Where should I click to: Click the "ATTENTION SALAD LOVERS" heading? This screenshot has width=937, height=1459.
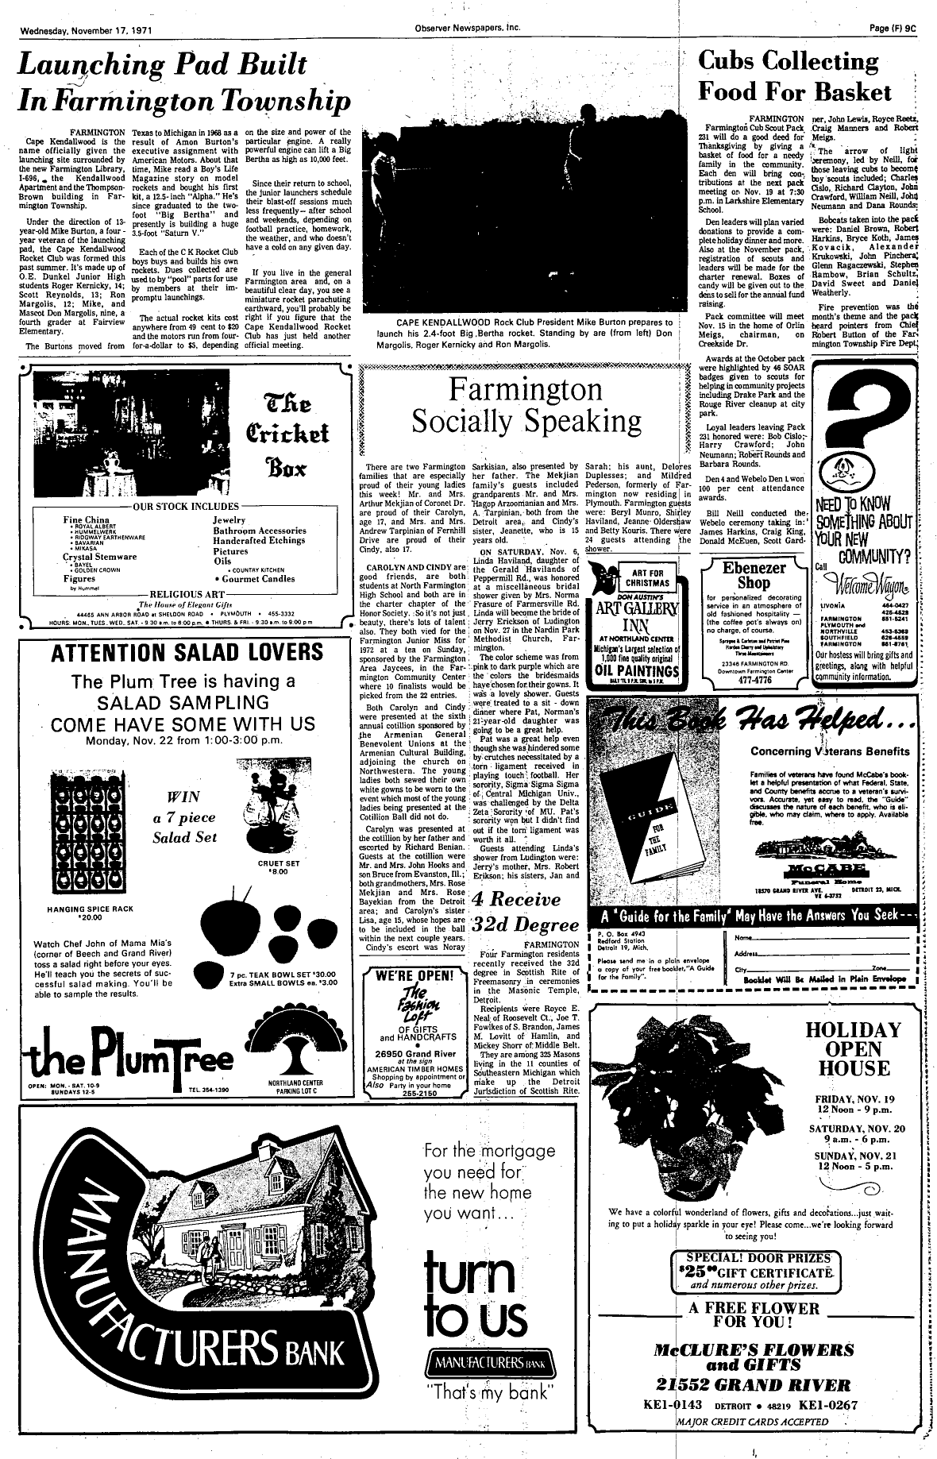pos(187,652)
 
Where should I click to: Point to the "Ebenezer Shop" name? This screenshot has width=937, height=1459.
pos(753,575)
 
